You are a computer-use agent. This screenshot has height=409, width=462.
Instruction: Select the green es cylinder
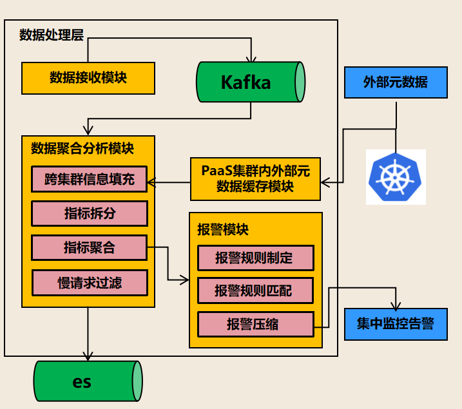tap(87, 381)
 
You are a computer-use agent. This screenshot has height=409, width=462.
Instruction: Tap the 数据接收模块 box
tap(88, 78)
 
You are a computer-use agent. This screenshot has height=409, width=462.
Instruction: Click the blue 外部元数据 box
tap(396, 82)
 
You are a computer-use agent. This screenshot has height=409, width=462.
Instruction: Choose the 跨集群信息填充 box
tap(90, 179)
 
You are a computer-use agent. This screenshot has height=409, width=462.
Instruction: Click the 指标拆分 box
tap(90, 213)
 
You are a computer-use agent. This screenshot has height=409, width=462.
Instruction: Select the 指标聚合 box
tap(90, 247)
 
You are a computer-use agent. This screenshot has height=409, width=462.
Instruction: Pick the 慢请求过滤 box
tap(90, 282)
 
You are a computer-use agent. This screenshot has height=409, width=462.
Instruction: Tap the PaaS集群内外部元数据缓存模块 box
tap(256, 178)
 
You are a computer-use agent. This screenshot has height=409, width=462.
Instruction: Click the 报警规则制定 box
tap(255, 258)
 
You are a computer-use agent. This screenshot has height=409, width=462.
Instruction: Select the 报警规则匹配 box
tap(255, 291)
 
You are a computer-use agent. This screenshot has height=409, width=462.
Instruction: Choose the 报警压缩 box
tap(255, 324)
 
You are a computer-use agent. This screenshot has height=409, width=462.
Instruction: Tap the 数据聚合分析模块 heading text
tap(82, 148)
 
